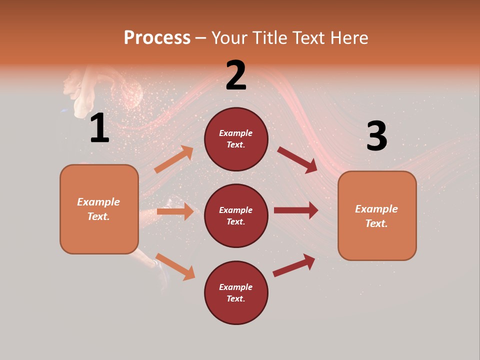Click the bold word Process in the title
pyautogui.click(x=157, y=37)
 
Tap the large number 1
pyautogui.click(x=99, y=128)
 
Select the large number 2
pyautogui.click(x=236, y=75)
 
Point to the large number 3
pyautogui.click(x=376, y=136)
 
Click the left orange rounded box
pyautogui.click(x=99, y=209)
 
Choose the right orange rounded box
pyautogui.click(x=377, y=215)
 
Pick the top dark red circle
pyautogui.click(x=236, y=139)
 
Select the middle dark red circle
pyautogui.click(x=236, y=215)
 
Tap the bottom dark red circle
pyautogui.click(x=236, y=292)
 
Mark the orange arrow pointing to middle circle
pyautogui.click(x=175, y=211)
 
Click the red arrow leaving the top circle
pyautogui.click(x=298, y=159)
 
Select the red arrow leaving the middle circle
pyautogui.click(x=296, y=210)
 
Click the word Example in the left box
pyautogui.click(x=98, y=202)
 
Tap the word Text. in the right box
pyautogui.click(x=376, y=223)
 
